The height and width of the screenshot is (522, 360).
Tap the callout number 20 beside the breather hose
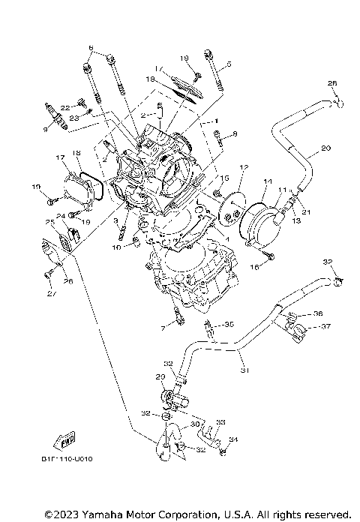[x=325, y=148]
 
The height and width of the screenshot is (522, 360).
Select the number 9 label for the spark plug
[x=45, y=129]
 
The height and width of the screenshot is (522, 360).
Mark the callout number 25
[x=49, y=222]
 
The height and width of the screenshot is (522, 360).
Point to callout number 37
[x=326, y=326]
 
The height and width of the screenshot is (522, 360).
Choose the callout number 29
[x=160, y=376]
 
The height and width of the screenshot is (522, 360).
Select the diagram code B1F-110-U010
[x=57, y=459]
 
